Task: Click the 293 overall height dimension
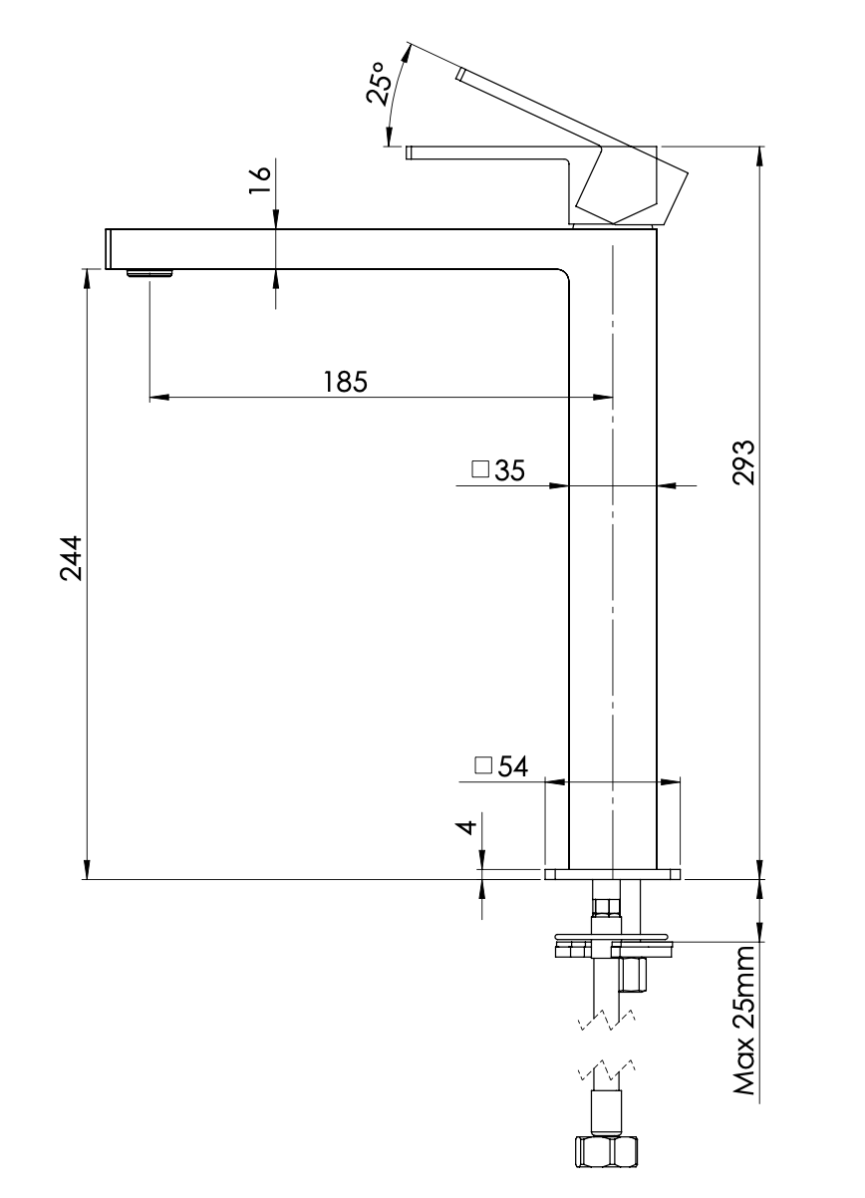(x=743, y=460)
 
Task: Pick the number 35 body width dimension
(x=510, y=470)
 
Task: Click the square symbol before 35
(x=480, y=470)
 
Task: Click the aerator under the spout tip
(x=150, y=273)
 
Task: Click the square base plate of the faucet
(x=613, y=874)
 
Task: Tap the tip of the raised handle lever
(x=461, y=75)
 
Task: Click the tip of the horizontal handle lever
(x=410, y=152)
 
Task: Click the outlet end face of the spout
(x=108, y=248)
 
